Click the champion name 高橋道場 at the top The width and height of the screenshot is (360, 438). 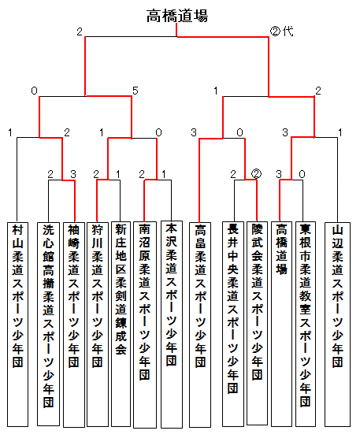click(177, 16)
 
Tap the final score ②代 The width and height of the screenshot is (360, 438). click(281, 32)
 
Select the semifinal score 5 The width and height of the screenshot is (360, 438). click(135, 91)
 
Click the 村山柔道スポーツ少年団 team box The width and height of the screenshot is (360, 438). click(17, 325)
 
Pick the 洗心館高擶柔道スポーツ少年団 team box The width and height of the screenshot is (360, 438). click(48, 324)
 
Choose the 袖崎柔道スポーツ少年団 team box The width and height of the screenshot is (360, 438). click(74, 325)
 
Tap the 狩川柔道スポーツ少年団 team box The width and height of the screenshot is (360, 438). click(98, 325)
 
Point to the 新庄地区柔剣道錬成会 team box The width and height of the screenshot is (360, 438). click(121, 324)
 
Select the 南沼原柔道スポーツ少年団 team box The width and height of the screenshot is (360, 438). click(145, 325)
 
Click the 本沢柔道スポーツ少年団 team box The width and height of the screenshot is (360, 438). click(172, 325)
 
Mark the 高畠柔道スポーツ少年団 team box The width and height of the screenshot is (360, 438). click(200, 325)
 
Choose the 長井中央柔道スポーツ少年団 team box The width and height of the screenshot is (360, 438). click(233, 324)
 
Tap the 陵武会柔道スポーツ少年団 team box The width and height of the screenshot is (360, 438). click(257, 323)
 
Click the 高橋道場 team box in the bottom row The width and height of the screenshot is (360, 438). click(281, 324)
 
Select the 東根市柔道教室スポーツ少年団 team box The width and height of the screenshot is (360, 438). click(306, 324)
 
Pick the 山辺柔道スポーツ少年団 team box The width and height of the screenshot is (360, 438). click(337, 325)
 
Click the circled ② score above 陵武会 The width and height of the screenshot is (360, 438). click(256, 174)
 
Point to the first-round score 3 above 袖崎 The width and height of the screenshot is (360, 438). click(73, 174)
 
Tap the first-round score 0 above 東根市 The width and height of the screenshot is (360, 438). click(302, 174)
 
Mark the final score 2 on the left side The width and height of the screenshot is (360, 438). click(80, 32)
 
